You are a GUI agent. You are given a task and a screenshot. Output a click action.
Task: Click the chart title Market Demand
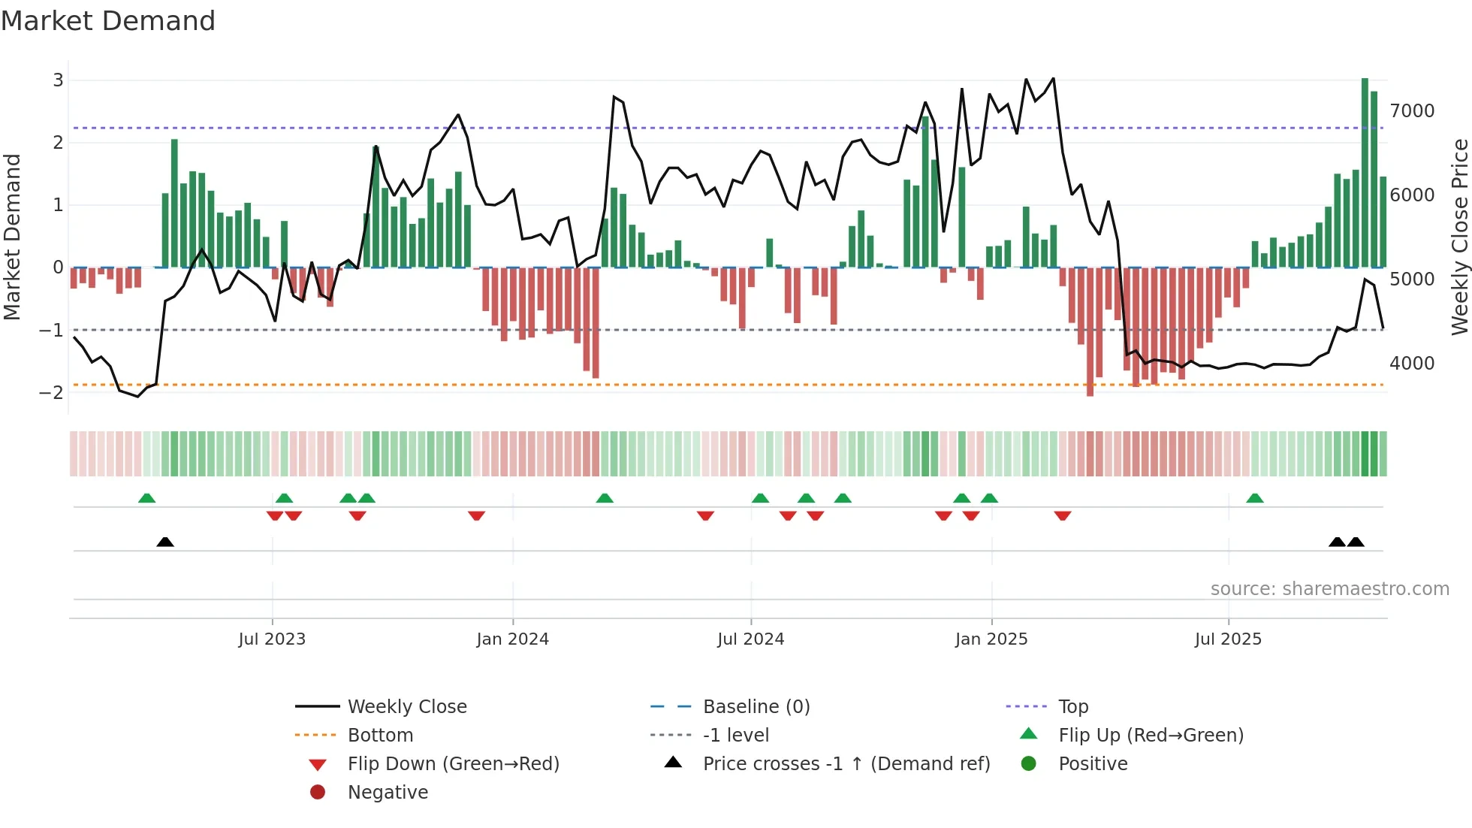click(x=108, y=21)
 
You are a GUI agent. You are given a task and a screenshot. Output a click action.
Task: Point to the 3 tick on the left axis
click(x=58, y=80)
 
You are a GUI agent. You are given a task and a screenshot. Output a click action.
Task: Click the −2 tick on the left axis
click(x=52, y=392)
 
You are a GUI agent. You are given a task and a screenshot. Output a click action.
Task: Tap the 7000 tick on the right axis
click(x=1412, y=111)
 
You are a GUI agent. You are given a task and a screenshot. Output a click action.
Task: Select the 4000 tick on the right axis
click(x=1412, y=364)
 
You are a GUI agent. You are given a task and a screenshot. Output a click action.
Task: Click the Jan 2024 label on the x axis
click(x=512, y=639)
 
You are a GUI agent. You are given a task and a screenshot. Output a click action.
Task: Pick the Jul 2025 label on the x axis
click(x=1228, y=639)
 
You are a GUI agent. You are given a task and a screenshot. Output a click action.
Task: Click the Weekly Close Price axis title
click(x=1459, y=237)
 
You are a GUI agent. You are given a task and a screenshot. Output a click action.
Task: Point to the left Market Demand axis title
click(x=13, y=237)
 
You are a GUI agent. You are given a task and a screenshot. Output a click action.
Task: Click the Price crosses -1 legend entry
click(x=846, y=764)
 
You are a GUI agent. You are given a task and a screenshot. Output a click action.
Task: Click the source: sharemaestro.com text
click(x=1329, y=589)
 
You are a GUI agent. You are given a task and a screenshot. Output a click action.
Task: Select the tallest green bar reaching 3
click(x=1365, y=173)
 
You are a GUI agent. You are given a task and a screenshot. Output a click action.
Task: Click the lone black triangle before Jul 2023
click(x=165, y=542)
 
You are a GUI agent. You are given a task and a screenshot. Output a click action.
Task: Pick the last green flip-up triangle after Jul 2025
click(x=1254, y=498)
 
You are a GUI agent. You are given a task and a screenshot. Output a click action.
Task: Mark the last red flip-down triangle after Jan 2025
click(x=1062, y=515)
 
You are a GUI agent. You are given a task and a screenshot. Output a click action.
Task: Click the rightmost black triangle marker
click(x=1356, y=542)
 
